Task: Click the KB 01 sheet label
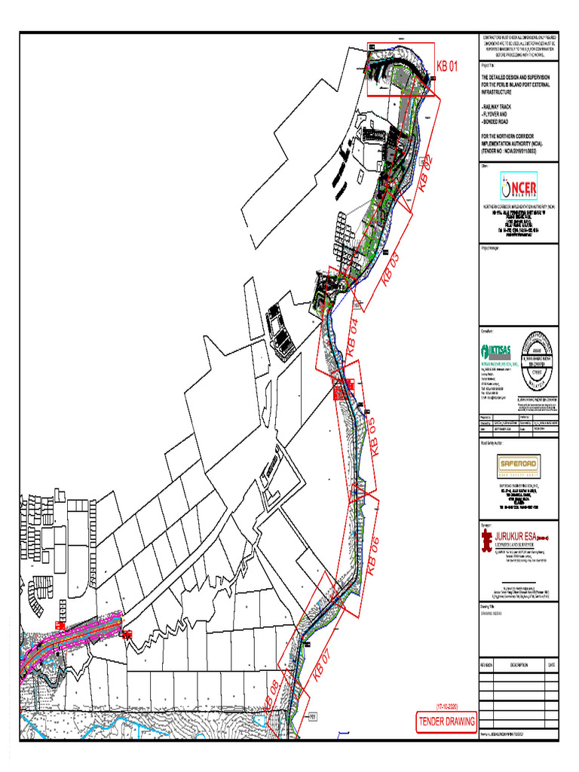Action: point(447,66)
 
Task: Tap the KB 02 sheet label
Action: point(425,172)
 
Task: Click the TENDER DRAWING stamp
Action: point(447,721)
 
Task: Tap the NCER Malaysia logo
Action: point(519,187)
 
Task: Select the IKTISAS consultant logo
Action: point(495,351)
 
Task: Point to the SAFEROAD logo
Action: point(519,465)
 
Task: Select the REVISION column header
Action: point(485,664)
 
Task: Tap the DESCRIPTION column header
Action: point(519,664)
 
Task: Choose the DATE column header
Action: point(551,664)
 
